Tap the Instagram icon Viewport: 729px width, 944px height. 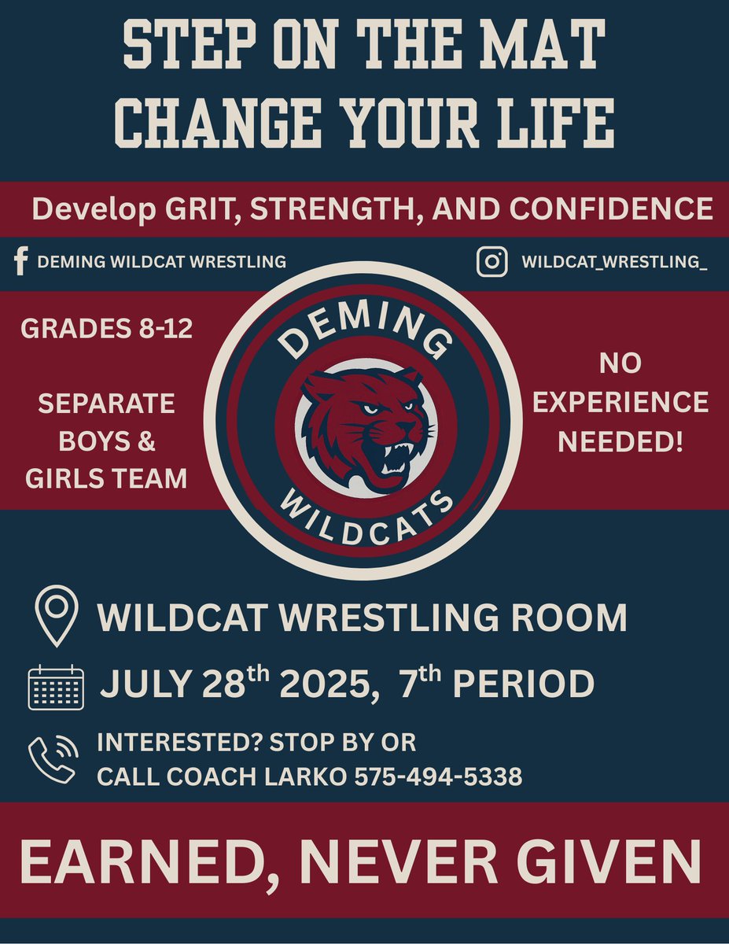coord(492,262)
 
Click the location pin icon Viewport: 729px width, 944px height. coord(57,618)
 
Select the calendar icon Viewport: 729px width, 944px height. coord(56,687)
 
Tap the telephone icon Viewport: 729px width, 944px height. coord(53,759)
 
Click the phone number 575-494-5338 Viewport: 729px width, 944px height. coord(438,777)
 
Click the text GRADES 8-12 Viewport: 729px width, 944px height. coord(107,329)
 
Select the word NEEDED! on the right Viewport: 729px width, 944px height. coord(620,441)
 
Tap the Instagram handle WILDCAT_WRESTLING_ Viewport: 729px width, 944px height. coord(614,262)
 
